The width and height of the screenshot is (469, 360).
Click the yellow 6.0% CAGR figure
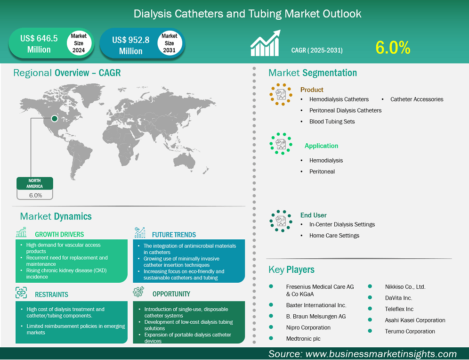coord(393,47)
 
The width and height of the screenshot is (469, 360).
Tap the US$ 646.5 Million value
coord(39,44)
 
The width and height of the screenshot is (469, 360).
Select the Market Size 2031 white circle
coord(169,43)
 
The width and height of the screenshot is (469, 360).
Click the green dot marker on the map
coord(55,119)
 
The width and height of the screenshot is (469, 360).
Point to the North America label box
coord(35,183)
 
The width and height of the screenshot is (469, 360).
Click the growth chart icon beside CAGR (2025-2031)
coord(266,44)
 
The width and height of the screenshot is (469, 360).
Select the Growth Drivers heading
coord(59,234)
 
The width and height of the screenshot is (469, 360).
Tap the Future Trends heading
coord(174,234)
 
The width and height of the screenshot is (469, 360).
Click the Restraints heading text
coord(51,295)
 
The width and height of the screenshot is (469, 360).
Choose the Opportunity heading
coord(171,294)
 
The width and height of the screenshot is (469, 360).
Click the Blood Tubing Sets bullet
coord(332,122)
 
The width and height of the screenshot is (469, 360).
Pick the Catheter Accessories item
coord(417,99)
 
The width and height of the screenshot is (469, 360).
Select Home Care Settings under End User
coord(334,236)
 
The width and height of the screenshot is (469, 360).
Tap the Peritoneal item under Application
coord(322,172)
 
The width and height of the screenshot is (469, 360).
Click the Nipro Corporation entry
coord(308,327)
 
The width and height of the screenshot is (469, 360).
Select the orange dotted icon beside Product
coord(281,94)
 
